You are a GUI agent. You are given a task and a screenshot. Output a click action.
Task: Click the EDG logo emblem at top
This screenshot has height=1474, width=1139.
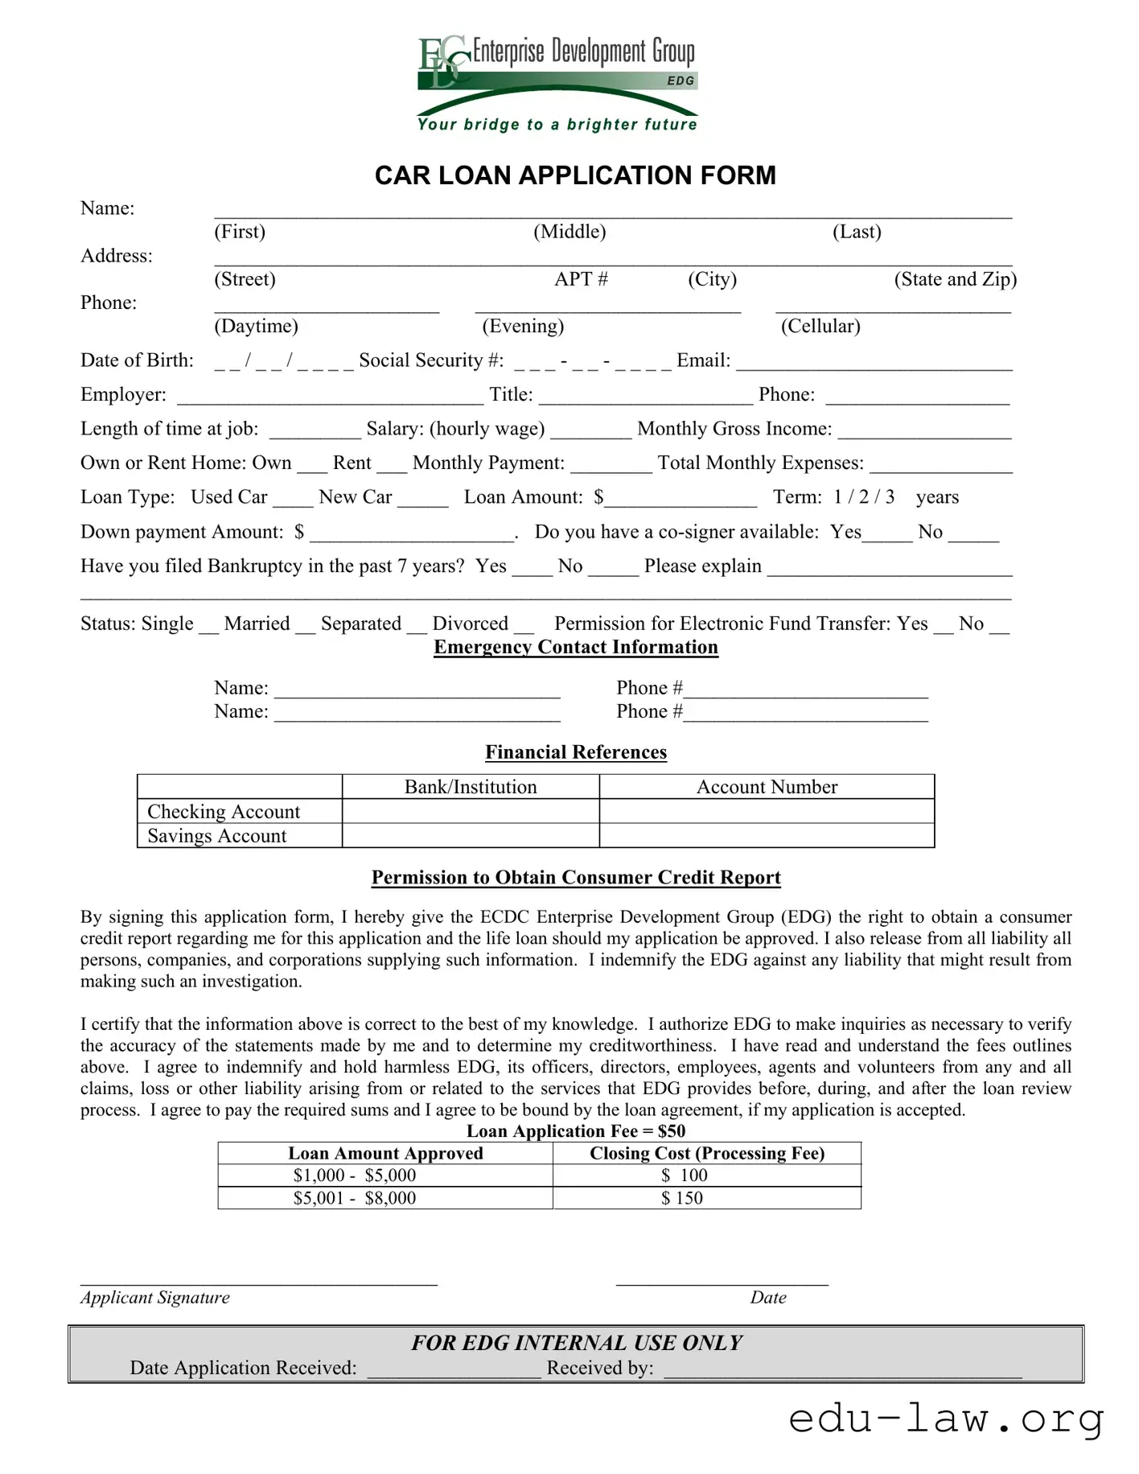[443, 60]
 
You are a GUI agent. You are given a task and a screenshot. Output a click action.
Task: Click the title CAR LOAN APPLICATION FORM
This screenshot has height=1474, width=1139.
[575, 175]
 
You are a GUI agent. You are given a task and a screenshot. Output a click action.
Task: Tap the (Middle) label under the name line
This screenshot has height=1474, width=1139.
[569, 232]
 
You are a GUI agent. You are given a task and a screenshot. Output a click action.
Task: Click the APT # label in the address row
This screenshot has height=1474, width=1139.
[581, 279]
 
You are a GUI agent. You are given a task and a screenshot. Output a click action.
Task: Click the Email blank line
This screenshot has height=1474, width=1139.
[874, 364]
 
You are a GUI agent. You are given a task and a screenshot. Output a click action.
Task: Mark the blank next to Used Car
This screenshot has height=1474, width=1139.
[293, 500]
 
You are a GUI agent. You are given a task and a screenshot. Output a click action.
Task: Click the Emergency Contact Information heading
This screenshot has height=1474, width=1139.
[576, 648]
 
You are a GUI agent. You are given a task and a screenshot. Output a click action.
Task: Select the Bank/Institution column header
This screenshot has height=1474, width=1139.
[471, 787]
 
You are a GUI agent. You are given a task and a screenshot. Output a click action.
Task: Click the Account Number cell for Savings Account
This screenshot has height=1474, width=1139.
[767, 836]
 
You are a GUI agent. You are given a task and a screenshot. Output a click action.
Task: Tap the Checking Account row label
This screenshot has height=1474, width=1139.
[224, 811]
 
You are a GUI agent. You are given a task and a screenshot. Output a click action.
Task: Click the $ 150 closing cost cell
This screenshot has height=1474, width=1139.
[682, 1198]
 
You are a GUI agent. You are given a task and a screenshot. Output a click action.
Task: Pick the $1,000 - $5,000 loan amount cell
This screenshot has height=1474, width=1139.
[355, 1175]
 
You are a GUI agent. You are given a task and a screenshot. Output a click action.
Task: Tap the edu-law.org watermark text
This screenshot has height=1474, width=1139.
[946, 1419]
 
